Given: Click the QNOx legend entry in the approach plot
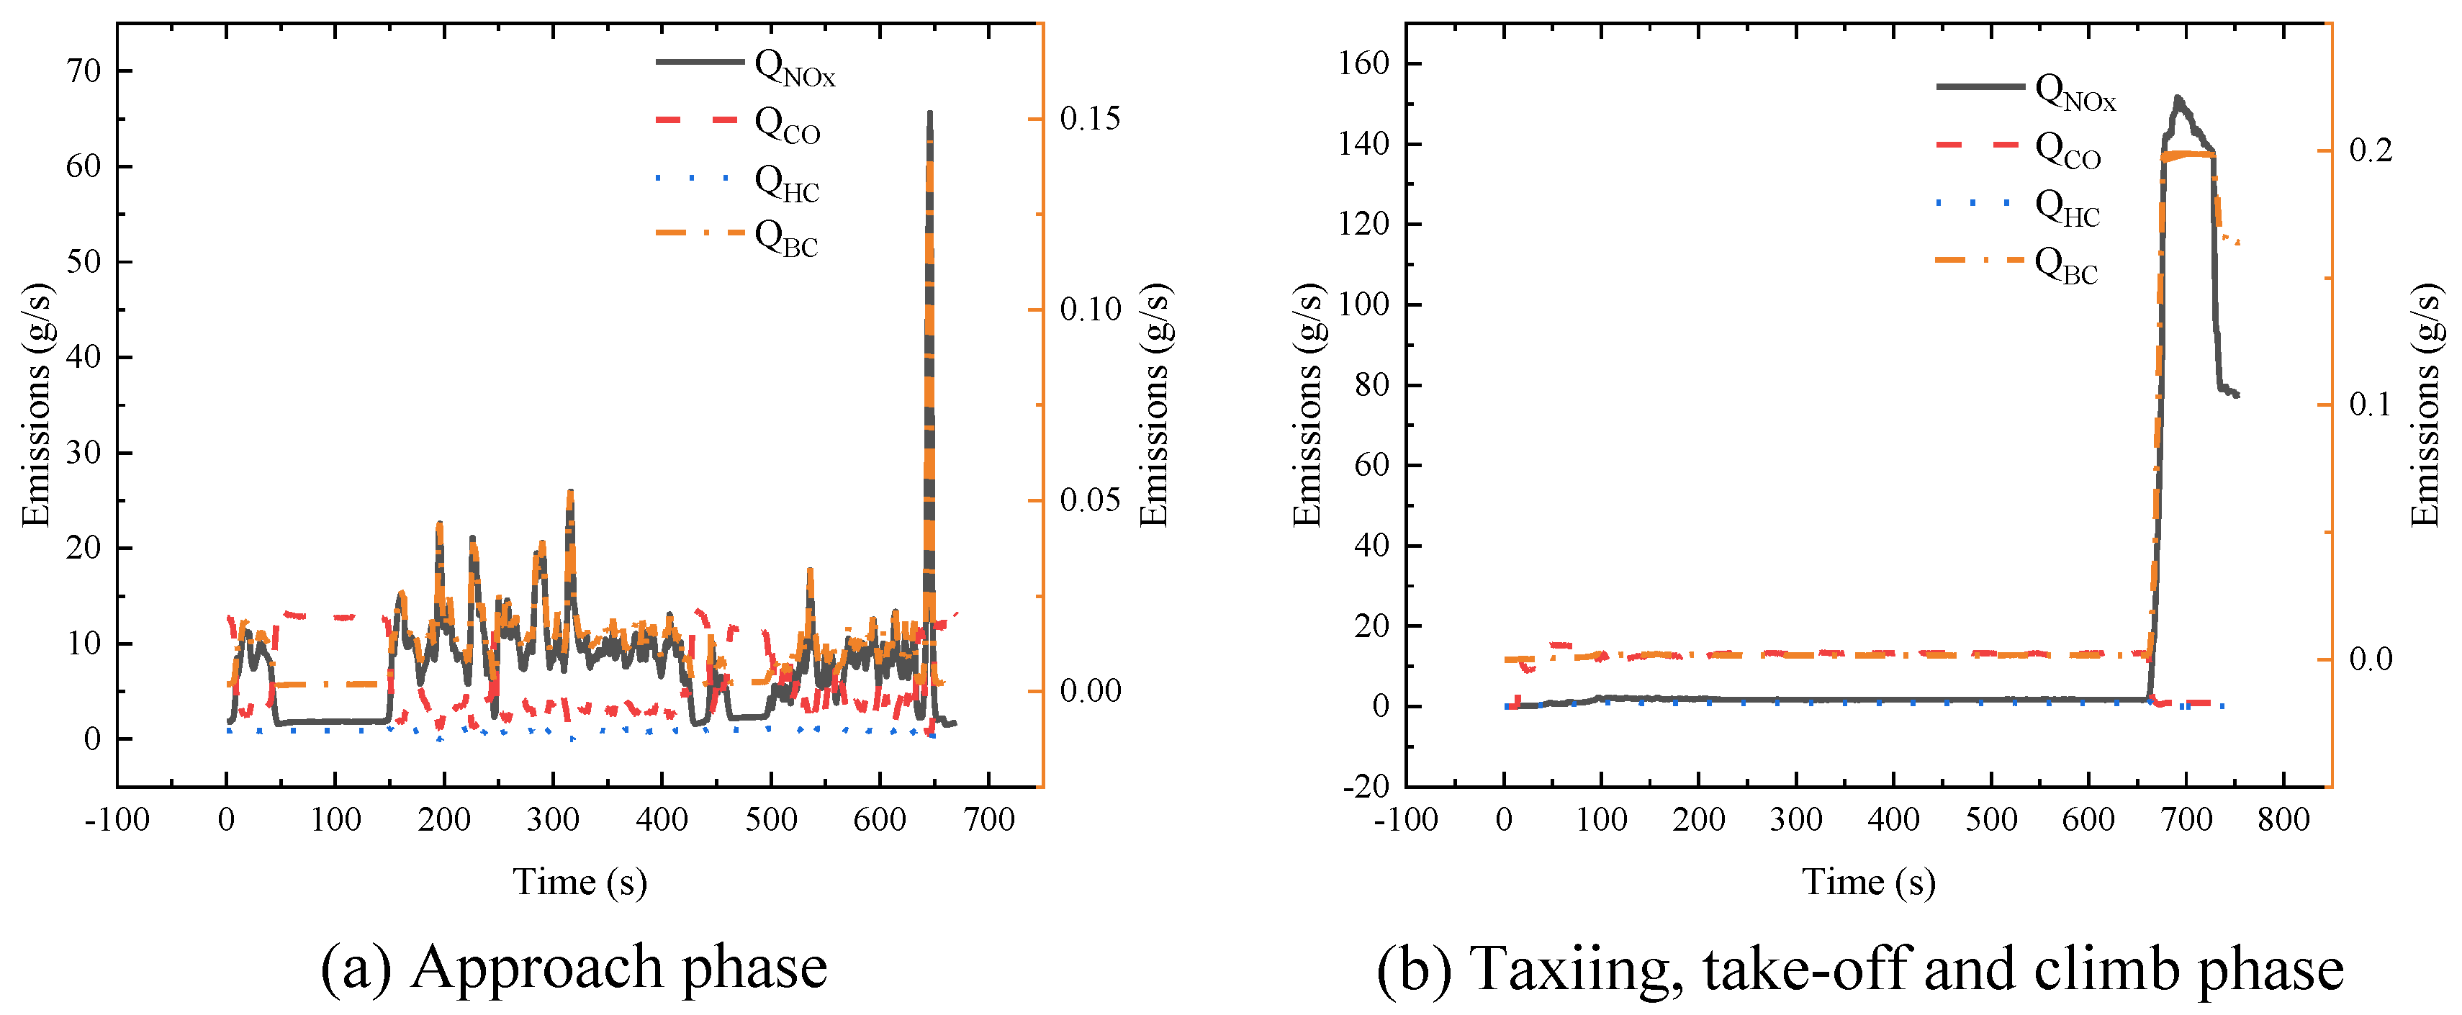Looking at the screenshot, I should [x=793, y=67].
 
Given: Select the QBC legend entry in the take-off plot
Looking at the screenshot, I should [x=2065, y=265].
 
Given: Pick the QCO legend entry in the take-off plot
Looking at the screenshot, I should [x=2066, y=149].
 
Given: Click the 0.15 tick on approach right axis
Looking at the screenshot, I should [x=1090, y=119].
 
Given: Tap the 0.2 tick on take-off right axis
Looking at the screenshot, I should [x=2371, y=150].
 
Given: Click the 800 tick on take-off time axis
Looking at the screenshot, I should [x=2283, y=819].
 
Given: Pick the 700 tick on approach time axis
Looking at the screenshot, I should [x=988, y=819].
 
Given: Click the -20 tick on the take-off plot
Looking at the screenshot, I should [x=1367, y=787].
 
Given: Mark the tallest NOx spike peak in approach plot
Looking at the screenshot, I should [x=930, y=114].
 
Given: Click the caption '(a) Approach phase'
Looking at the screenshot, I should [x=574, y=967].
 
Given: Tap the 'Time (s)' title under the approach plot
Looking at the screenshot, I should [x=580, y=881].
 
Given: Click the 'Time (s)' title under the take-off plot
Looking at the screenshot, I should [x=1869, y=881].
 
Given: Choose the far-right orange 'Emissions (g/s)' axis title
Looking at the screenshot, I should [x=2426, y=405].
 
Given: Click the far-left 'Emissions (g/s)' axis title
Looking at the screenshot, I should [x=35, y=405].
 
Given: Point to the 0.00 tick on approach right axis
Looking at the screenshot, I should [x=1090, y=690].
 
